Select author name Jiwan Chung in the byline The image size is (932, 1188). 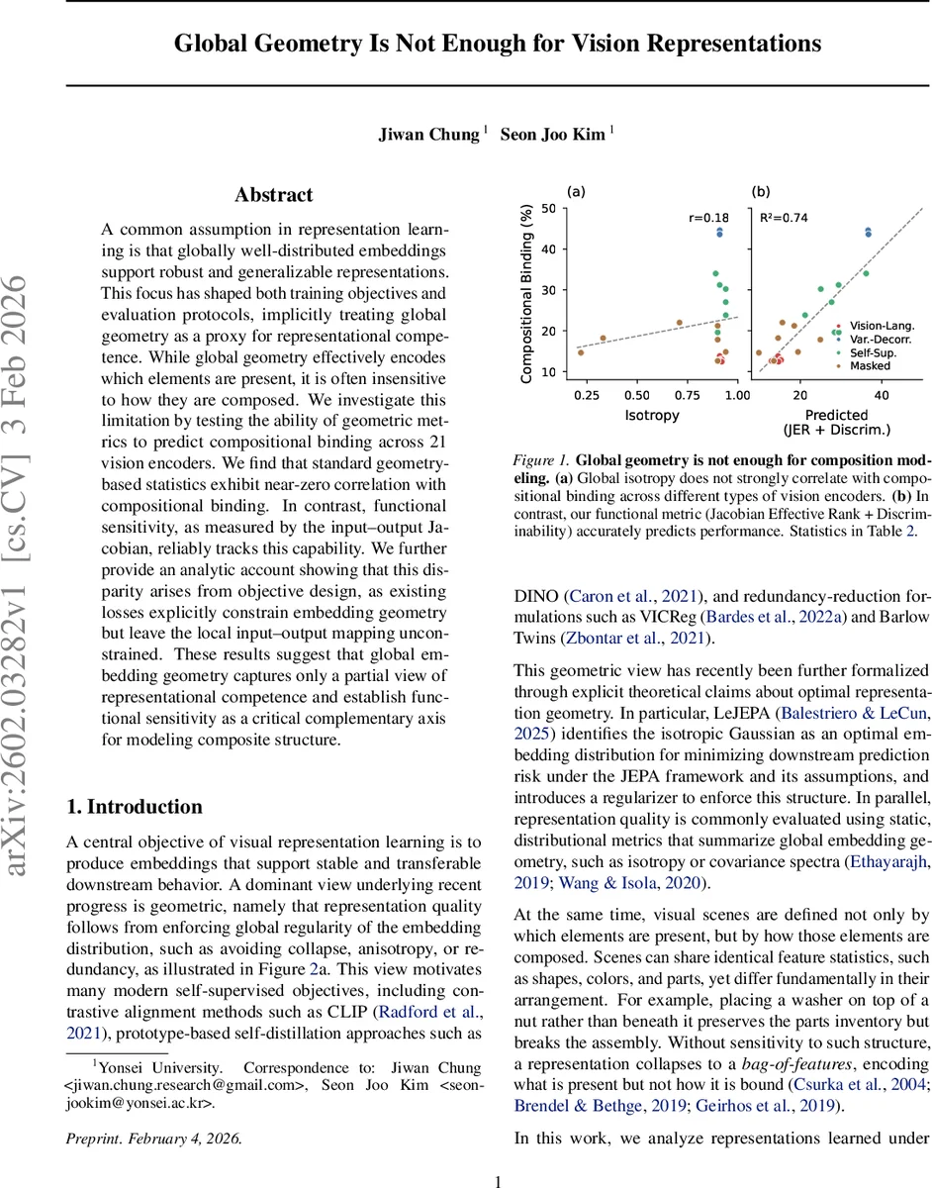point(429,135)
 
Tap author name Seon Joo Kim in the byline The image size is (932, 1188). point(552,135)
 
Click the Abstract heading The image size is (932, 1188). point(274,195)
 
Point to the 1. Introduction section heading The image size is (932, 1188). point(135,807)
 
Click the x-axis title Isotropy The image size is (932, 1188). point(652,415)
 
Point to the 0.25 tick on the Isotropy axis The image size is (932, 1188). point(586,395)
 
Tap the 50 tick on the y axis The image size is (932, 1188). point(548,208)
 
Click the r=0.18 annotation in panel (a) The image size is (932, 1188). point(707,218)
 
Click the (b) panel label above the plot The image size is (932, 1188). point(761,191)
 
